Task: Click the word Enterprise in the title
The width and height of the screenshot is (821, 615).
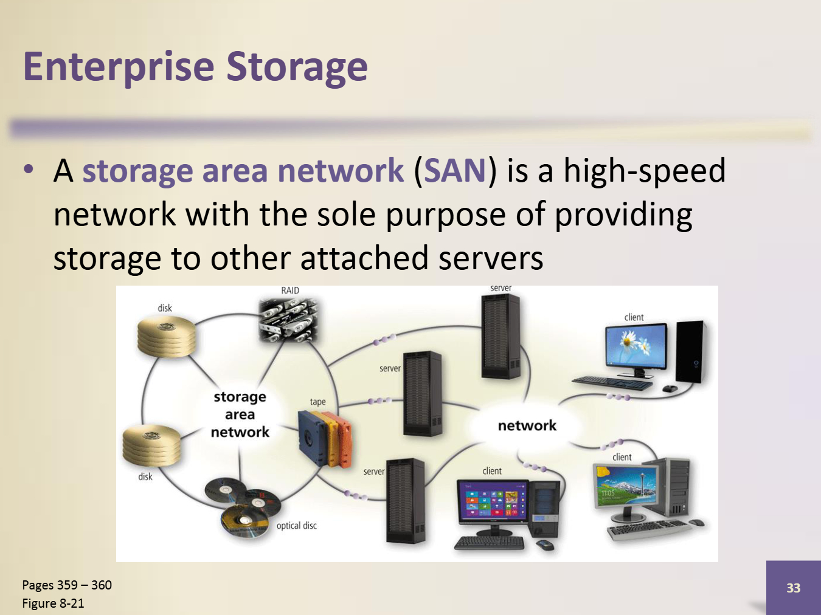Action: coord(118,67)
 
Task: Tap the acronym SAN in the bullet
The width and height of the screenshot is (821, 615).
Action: coord(455,171)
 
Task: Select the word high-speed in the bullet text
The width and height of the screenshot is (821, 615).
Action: coord(644,171)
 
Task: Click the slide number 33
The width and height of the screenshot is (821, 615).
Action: coord(793,588)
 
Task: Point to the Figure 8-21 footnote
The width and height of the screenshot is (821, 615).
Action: coord(54,603)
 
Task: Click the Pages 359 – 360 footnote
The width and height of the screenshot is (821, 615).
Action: coord(67,585)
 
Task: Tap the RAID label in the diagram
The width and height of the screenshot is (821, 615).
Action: coord(290,290)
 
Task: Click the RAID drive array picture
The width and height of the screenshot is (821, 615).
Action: coord(288,320)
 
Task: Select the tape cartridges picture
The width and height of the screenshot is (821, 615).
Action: coord(325,439)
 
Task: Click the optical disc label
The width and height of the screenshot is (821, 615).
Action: coord(297,526)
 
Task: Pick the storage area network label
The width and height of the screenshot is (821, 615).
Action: coord(240,414)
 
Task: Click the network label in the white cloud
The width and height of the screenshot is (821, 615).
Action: coord(527,425)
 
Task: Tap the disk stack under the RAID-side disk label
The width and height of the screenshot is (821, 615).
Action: coord(167,337)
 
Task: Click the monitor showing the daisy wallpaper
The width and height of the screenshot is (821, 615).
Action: coord(636,346)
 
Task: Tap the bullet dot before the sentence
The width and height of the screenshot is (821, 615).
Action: coord(29,170)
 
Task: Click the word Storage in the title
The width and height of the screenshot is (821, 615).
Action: coord(297,67)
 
